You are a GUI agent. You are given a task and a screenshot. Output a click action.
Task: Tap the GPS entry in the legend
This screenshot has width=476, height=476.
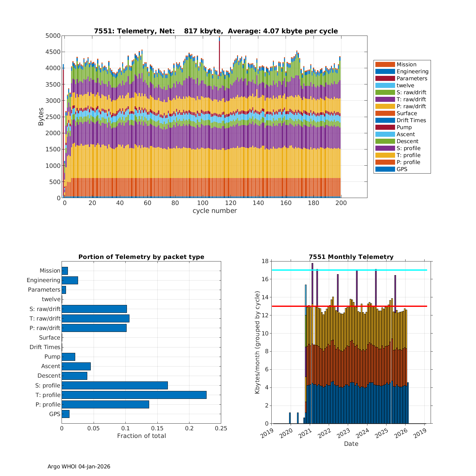tap(402, 169)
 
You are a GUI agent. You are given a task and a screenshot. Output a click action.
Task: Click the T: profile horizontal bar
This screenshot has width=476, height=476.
tap(134, 395)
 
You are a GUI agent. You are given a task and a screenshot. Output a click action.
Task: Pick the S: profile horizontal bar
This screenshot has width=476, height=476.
tap(115, 385)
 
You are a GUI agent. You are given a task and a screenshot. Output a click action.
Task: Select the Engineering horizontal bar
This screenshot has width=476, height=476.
tap(70, 280)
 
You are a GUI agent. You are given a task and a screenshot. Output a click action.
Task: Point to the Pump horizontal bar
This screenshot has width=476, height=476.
tap(68, 357)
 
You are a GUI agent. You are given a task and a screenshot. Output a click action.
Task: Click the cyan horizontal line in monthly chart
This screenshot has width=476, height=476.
tap(349, 270)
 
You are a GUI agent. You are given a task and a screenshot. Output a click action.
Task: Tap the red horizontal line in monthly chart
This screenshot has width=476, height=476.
tap(349, 306)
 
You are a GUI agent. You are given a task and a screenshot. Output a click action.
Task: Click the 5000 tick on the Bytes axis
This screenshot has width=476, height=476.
tap(53, 36)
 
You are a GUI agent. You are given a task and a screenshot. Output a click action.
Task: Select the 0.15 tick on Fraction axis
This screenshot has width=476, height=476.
tap(157, 428)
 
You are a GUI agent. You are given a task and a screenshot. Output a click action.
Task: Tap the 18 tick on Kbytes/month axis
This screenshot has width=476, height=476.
tap(265, 261)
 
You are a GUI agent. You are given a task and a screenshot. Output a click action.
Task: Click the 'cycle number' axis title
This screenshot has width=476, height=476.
tap(215, 211)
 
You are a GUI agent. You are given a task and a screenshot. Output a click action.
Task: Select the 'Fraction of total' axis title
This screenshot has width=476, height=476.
tap(141, 436)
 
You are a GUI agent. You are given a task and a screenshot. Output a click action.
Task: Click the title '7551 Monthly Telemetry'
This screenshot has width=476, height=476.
tap(351, 257)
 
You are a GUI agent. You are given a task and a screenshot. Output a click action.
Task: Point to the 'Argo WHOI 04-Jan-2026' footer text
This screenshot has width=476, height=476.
tap(79, 466)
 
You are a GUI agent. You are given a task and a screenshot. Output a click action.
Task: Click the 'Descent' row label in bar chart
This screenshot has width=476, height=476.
tap(49, 376)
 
